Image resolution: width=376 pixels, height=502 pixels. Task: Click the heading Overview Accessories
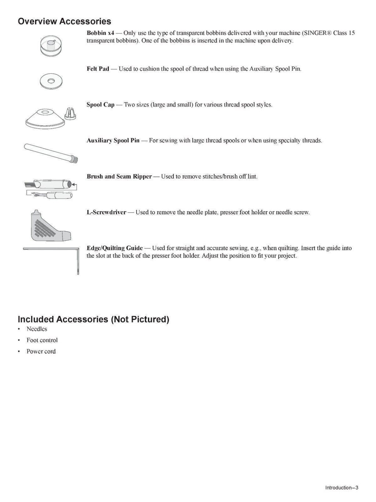pyautogui.click(x=64, y=21)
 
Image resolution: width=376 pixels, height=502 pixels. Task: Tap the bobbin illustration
pyautogui.click(x=50, y=46)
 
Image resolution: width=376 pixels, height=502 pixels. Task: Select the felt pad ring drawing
pyautogui.click(x=51, y=80)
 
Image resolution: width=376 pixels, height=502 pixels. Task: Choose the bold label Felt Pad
pyautogui.click(x=98, y=69)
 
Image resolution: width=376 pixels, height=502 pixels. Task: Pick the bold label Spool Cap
pyautogui.click(x=100, y=105)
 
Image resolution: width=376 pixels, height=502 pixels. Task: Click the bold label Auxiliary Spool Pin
pyautogui.click(x=113, y=140)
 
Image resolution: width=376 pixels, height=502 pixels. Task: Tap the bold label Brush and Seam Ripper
pyautogui.click(x=119, y=176)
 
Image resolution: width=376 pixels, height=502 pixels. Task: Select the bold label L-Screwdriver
pyautogui.click(x=106, y=212)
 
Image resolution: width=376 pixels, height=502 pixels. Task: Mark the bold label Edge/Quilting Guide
pyautogui.click(x=115, y=248)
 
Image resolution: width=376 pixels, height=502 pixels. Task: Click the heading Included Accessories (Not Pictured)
pyautogui.click(x=93, y=319)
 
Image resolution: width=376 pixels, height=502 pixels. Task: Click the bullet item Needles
pyautogui.click(x=37, y=329)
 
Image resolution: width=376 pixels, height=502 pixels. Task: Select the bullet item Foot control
pyautogui.click(x=42, y=340)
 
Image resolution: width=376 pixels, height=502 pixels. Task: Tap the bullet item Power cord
pyautogui.click(x=41, y=351)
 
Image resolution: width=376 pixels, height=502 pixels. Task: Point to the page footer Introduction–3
pyautogui.click(x=341, y=488)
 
